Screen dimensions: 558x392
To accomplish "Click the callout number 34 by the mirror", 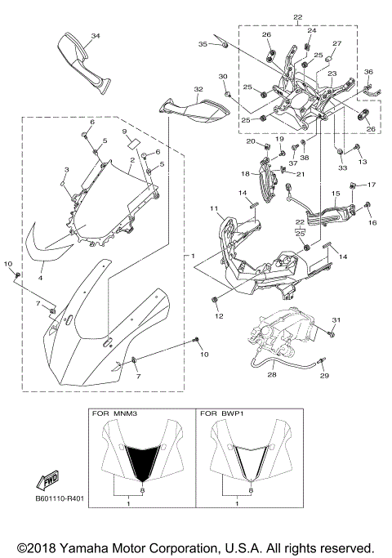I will (x=96, y=36).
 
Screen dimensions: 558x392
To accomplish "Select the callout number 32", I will (x=198, y=89).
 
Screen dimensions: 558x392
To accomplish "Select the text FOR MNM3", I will (x=114, y=415).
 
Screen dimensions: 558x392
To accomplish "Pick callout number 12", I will (x=218, y=315).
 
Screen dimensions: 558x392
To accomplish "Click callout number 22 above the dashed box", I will (x=297, y=17).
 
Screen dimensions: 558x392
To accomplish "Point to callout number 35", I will (x=203, y=45).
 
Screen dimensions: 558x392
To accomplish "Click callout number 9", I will (x=125, y=132).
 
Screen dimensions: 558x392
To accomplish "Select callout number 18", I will (x=244, y=173).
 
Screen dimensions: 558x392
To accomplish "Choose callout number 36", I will (x=368, y=73).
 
